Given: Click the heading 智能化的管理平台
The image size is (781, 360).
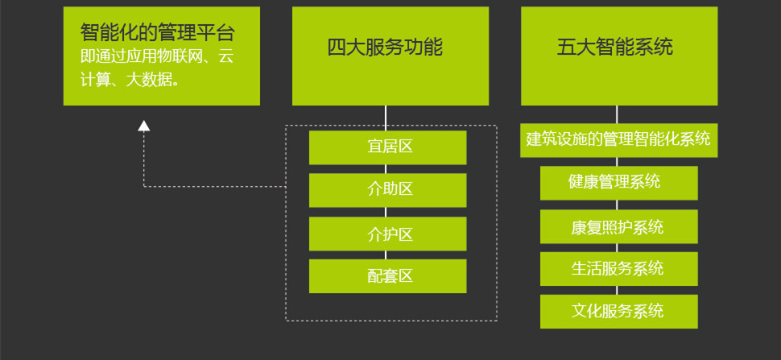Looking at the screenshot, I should (x=158, y=33).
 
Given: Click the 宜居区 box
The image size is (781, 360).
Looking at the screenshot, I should (x=387, y=147).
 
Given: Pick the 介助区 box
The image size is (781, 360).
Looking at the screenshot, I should (x=387, y=190).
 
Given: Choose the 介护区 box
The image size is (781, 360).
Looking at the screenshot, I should (x=387, y=234).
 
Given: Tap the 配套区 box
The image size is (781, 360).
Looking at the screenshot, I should (x=387, y=276).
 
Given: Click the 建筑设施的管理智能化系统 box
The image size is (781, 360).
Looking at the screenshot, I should (x=618, y=139).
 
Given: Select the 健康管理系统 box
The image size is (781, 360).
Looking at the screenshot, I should (x=618, y=182).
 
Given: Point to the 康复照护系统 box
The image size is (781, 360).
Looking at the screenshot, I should (x=618, y=226).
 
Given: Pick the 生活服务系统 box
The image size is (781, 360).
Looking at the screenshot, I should (x=618, y=268).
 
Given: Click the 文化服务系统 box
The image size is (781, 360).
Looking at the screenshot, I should (x=618, y=311).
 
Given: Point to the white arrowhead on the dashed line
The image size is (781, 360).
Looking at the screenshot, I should (x=144, y=125).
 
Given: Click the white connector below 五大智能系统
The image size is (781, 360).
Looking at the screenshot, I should (x=617, y=114).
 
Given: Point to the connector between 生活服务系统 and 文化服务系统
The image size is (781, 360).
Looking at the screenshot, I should (x=617, y=290).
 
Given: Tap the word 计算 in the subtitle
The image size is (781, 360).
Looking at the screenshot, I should (x=95, y=79).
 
